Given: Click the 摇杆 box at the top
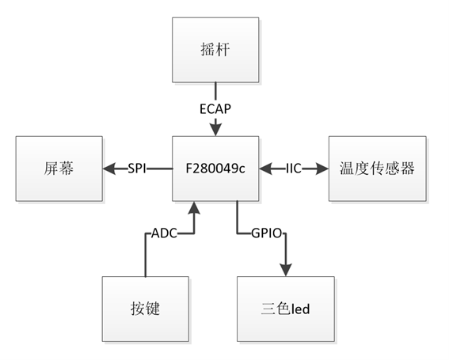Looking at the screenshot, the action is click(x=215, y=50).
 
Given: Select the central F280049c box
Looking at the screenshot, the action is click(x=215, y=169).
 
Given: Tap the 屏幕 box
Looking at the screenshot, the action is click(x=59, y=169).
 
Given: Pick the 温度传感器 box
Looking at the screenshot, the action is click(x=378, y=169).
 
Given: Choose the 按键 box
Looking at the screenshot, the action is click(x=146, y=309).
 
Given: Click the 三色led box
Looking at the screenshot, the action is click(x=286, y=309).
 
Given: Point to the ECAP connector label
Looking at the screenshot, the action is click(x=215, y=109).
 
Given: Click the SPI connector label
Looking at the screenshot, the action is click(x=137, y=169).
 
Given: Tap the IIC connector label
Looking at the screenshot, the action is click(x=294, y=169).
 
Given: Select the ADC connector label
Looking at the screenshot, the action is click(x=164, y=233).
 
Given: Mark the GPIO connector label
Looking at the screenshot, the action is click(x=267, y=233).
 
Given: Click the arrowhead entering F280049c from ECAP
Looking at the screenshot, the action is click(x=215, y=130).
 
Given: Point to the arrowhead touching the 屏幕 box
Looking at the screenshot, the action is click(x=109, y=169).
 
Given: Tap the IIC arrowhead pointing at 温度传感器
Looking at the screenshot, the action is click(x=322, y=169).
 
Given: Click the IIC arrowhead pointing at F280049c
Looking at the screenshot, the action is click(x=266, y=169).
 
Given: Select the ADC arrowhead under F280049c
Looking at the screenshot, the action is click(x=194, y=208).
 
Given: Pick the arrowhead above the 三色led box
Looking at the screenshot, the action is click(x=286, y=270).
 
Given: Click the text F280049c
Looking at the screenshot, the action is click(x=215, y=169).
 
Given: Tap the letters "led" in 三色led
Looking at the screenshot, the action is click(x=300, y=309).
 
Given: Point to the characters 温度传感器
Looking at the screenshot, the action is click(x=378, y=169).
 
